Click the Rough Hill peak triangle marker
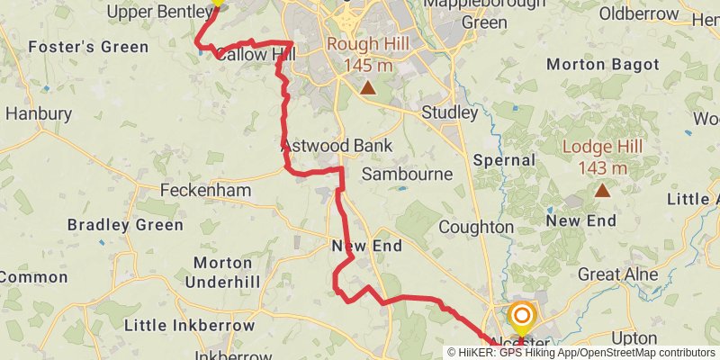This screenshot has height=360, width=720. tap(367, 87)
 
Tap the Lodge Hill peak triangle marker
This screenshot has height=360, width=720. tap(601, 190)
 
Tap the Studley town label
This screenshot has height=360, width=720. tap(449, 112)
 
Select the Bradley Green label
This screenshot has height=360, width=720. tap(125, 225)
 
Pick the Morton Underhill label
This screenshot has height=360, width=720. tap(222, 272)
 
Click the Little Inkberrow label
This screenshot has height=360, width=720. tap(189, 325)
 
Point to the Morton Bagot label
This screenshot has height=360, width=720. tap(603, 65)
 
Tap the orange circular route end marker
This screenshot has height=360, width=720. tap(521, 316)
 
